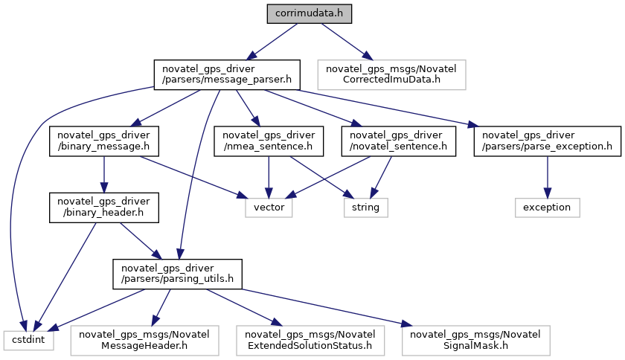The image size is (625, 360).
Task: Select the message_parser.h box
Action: click(226, 74)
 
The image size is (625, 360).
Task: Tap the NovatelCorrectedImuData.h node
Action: click(391, 74)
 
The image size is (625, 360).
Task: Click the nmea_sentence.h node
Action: click(268, 141)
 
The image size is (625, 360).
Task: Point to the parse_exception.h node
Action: click(547, 141)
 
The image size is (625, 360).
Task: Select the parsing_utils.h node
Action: click(177, 273)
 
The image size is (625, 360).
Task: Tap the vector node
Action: click(269, 207)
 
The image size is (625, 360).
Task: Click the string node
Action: click(365, 207)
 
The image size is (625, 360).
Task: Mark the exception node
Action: click(548, 207)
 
